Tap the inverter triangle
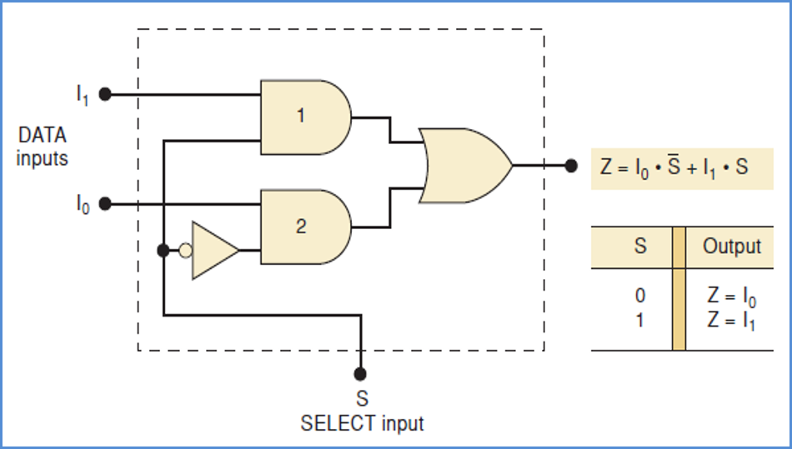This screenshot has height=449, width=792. pyautogui.click(x=213, y=250)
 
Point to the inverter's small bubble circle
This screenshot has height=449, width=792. pyautogui.click(x=185, y=250)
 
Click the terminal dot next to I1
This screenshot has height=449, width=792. pyautogui.click(x=105, y=95)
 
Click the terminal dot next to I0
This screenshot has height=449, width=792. pyautogui.click(x=105, y=203)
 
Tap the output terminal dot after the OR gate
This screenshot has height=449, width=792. pyautogui.click(x=570, y=166)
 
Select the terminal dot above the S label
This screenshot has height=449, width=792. pyautogui.click(x=360, y=373)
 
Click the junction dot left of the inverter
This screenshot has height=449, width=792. pyautogui.click(x=163, y=250)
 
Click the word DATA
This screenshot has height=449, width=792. pyautogui.click(x=42, y=135)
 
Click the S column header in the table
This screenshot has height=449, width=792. pyautogui.click(x=639, y=247)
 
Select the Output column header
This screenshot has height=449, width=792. pyautogui.click(x=731, y=247)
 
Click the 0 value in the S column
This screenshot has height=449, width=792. pyautogui.click(x=639, y=296)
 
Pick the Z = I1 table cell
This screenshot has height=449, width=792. pyautogui.click(x=730, y=321)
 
